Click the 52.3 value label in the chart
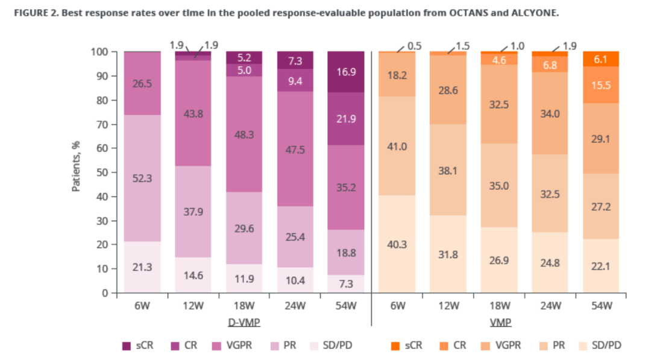pos(142,178)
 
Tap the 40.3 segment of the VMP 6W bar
pos(398,244)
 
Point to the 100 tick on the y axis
pos(99,52)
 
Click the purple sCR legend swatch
pos(127,346)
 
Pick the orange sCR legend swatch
pos(395,346)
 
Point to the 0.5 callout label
pos(414,45)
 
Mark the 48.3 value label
pos(244,136)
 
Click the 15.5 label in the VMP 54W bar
pos(600,86)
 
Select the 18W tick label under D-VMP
pos(244,306)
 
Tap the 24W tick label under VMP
pos(550,306)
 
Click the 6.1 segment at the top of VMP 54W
pos(600,59)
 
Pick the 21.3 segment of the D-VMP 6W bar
pos(142,267)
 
